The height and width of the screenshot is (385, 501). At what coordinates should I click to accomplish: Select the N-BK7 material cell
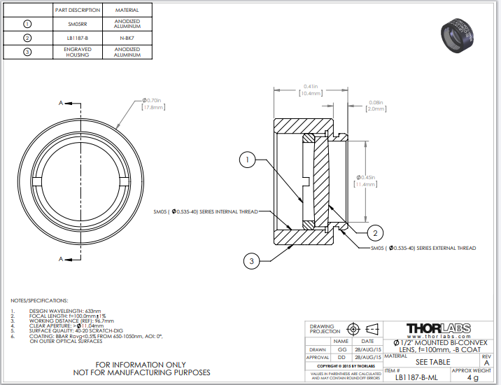pyautogui.click(x=127, y=38)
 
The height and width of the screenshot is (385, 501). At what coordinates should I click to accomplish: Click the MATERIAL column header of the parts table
pyautogui.click(x=127, y=10)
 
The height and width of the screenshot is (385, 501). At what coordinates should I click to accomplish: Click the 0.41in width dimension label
pyautogui.click(x=309, y=89)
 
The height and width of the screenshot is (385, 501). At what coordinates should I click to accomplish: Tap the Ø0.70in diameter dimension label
pyautogui.click(x=153, y=104)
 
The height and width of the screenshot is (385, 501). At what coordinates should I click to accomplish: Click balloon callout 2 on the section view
pyautogui.click(x=374, y=233)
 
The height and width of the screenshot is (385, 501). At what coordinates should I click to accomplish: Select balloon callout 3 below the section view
pyautogui.click(x=251, y=261)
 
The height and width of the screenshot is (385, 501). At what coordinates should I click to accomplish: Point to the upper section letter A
pyautogui.click(x=61, y=103)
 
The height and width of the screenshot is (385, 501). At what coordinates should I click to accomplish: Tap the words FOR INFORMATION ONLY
pyautogui.click(x=141, y=364)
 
